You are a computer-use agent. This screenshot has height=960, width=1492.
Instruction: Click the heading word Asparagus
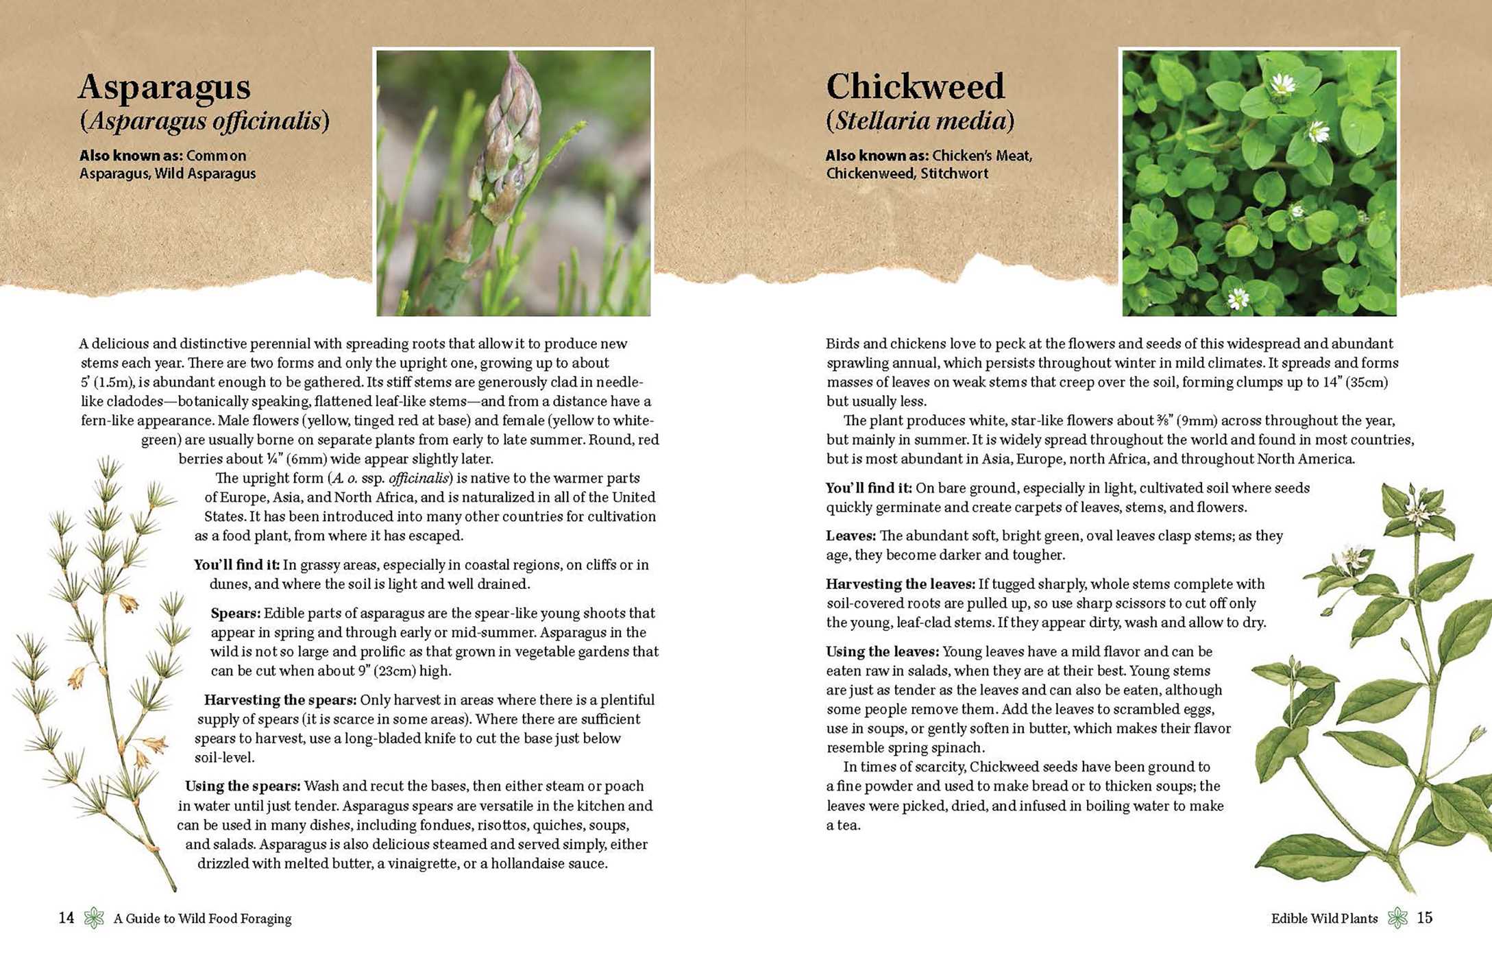coord(164,87)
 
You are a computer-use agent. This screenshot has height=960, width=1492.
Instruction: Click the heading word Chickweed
coord(915,87)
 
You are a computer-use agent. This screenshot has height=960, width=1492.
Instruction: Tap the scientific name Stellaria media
coord(920,121)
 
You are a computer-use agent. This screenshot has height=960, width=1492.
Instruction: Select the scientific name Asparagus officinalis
coord(205,121)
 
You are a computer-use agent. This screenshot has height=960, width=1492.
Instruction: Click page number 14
coord(66,917)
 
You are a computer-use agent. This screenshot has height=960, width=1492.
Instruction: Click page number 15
coord(1424,917)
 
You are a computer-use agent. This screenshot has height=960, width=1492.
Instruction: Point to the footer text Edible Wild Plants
coord(1324,918)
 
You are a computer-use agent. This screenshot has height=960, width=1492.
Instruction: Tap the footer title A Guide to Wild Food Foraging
coord(202,918)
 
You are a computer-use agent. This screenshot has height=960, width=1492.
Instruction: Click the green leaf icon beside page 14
coord(94,917)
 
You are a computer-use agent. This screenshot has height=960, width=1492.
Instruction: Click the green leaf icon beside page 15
coord(1397,917)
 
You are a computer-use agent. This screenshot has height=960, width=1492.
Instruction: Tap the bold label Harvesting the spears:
coord(280,700)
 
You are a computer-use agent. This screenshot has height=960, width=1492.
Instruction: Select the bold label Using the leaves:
coord(882,651)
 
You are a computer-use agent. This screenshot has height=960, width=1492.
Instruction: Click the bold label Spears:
coord(235,613)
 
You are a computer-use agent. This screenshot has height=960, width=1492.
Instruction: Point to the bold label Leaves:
coord(851,536)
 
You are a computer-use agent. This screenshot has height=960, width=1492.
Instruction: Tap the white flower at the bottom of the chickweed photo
coord(1238,298)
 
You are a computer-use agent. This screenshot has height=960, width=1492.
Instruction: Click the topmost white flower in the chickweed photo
coord(1283,84)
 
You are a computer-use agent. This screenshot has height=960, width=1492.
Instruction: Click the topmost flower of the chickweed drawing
coord(1417,509)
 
